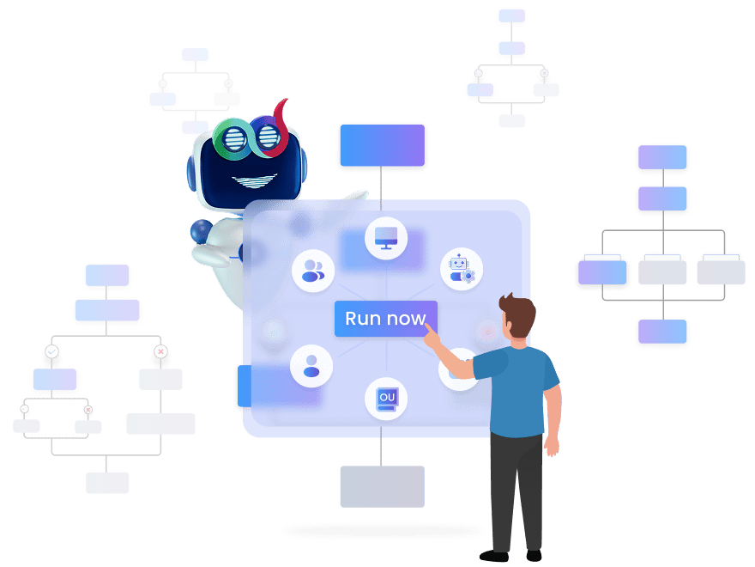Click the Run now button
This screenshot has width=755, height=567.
(385, 319)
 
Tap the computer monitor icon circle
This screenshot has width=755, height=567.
(386, 238)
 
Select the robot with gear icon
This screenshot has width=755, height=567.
(462, 269)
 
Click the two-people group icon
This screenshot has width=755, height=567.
(312, 270)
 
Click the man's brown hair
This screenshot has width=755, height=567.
(519, 311)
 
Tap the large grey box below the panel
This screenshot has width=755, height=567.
(382, 486)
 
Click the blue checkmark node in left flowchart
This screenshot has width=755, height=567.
(51, 353)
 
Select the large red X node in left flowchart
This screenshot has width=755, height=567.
(160, 353)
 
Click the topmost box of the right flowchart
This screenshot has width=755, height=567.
(662, 158)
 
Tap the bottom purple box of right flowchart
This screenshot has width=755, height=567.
(662, 332)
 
